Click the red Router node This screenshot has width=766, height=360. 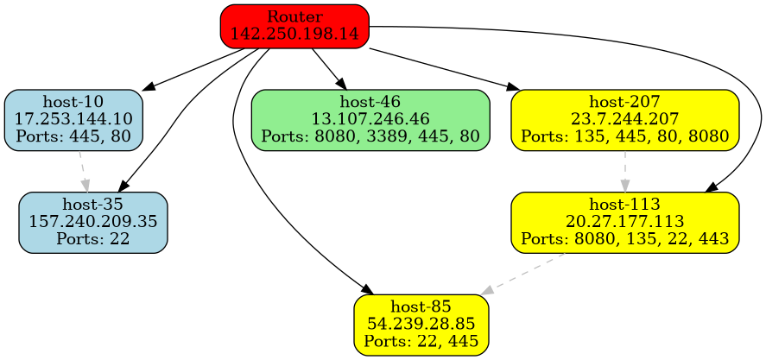point(294,25)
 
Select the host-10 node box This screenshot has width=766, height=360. point(73,120)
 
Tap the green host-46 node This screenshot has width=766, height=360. point(370,120)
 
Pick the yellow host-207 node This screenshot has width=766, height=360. point(624,120)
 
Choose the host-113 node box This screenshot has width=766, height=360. point(624,222)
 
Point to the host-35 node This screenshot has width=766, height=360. point(93,222)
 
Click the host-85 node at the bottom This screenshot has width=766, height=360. point(421,325)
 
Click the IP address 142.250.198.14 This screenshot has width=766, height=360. point(294,33)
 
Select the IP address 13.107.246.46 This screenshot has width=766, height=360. point(370,120)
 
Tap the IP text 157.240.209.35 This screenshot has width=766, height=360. point(93,222)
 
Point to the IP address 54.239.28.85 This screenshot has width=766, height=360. point(421,325)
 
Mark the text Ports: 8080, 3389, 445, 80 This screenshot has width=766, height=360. point(370,136)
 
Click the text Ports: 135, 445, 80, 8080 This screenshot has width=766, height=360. point(624,136)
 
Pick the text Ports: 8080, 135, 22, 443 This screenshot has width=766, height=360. point(624,237)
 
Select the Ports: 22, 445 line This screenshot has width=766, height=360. point(421,340)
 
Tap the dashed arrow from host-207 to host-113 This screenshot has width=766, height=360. point(624,171)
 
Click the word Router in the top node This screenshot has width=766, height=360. point(294,17)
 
